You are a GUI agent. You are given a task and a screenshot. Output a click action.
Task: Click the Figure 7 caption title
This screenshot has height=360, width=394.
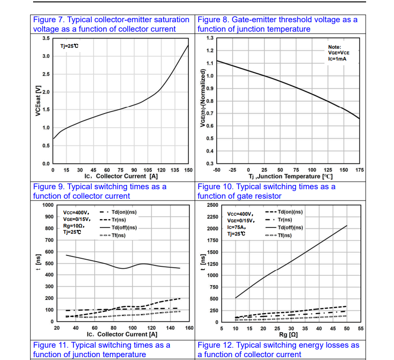coord(111,24)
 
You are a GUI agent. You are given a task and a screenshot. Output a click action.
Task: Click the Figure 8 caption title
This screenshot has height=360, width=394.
coord(277,24)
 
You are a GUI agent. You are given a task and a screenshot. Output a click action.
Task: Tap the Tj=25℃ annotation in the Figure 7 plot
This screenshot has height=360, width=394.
coord(70,46)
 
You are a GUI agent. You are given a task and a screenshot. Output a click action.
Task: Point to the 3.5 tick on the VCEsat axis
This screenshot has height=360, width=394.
coord(45,38)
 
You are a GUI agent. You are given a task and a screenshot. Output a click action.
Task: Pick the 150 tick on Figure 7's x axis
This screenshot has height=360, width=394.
coord(189,169)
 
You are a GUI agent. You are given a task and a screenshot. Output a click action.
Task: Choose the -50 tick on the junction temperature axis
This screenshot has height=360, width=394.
coord(217,169)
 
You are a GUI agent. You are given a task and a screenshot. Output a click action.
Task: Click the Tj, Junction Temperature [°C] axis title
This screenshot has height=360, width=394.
coord(291,176)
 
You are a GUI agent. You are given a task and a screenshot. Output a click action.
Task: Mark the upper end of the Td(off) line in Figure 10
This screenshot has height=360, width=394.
coord(347,226)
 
